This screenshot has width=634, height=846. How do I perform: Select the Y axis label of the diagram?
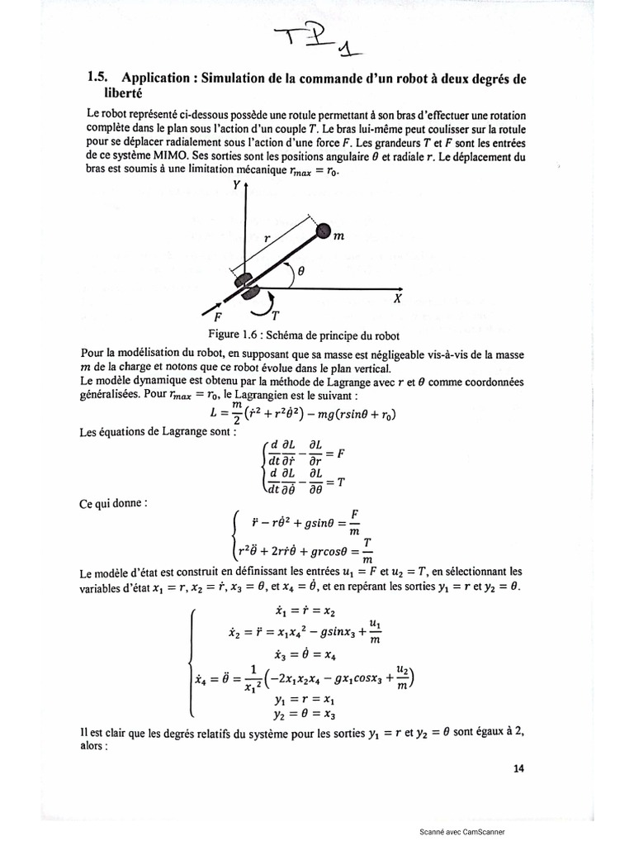click(x=237, y=186)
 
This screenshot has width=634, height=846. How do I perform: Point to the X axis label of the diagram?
click(x=398, y=299)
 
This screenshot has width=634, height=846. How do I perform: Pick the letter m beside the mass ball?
click(x=338, y=238)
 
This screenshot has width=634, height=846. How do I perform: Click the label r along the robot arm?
click(x=267, y=236)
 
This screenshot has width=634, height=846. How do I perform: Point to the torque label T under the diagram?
click(x=274, y=315)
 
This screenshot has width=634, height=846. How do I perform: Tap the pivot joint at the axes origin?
click(x=245, y=286)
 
